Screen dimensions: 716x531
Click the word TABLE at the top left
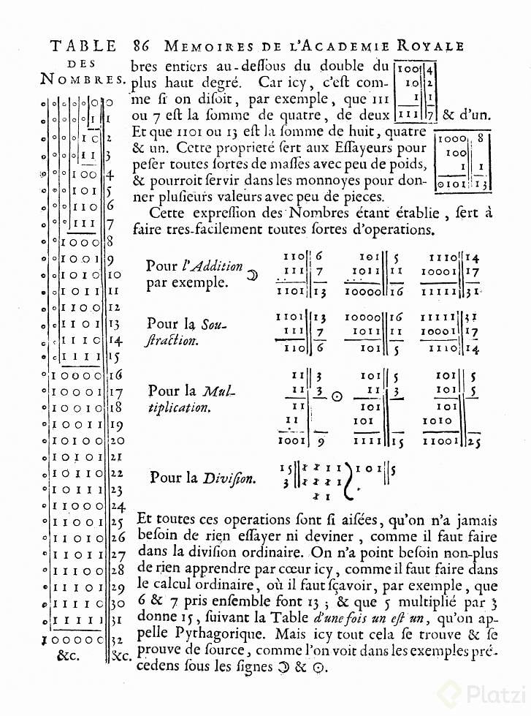coord(83,46)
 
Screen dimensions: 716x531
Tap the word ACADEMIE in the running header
coord(353,46)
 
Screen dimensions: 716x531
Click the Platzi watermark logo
coord(483,692)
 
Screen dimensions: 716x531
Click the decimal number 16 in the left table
coord(115,374)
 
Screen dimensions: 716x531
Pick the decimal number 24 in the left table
coord(115,505)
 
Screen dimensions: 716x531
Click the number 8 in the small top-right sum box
coord(481,137)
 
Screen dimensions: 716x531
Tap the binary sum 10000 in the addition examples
coord(362,291)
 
